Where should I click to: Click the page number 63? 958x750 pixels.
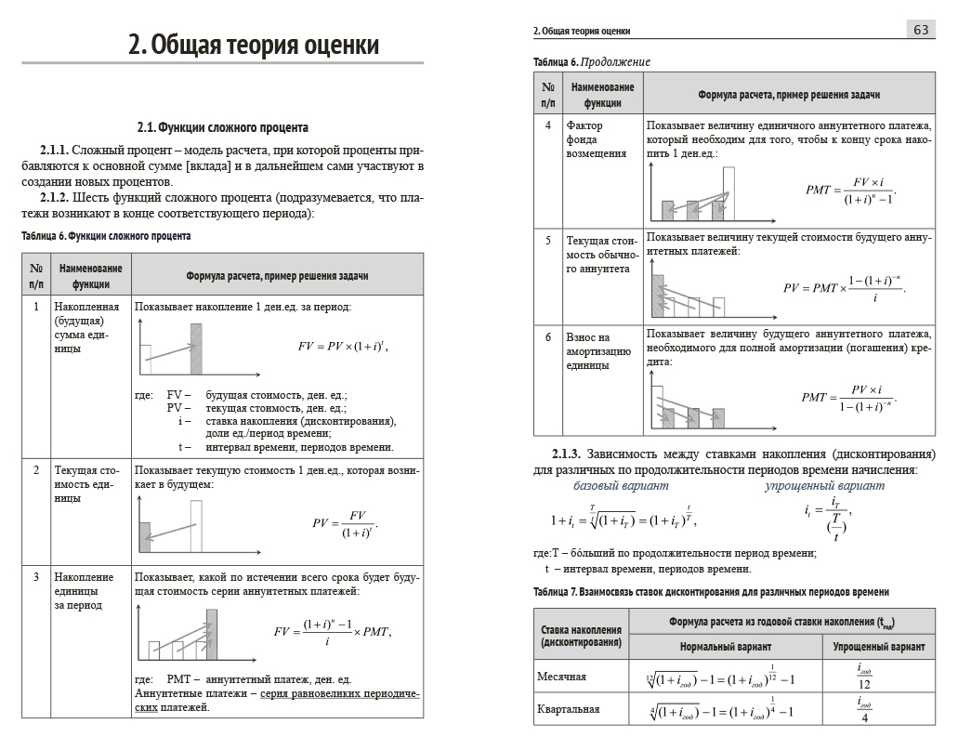[922, 30]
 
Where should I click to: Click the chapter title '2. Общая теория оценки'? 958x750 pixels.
[254, 45]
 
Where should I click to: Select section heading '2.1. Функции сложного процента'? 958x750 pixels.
[222, 127]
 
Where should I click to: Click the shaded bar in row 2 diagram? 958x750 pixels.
[144, 538]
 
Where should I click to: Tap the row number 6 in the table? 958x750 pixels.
[548, 337]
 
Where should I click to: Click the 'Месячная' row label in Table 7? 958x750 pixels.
[562, 676]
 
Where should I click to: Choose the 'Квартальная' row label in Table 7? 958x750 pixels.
[568, 709]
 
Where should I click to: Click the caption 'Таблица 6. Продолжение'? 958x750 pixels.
[592, 61]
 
